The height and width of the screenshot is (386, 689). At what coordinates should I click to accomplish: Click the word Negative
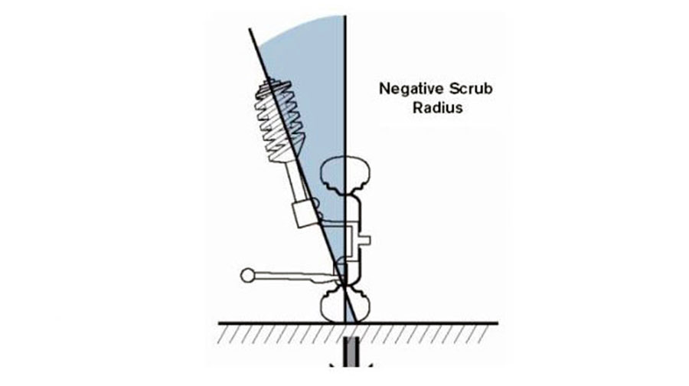tap(411, 89)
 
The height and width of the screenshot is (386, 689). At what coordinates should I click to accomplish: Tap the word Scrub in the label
tap(471, 89)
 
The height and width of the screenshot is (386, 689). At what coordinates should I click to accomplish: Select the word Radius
tap(438, 108)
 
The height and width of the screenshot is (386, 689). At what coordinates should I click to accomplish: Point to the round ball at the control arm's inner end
tap(247, 275)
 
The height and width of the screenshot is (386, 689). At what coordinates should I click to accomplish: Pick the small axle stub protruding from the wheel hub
tap(365, 240)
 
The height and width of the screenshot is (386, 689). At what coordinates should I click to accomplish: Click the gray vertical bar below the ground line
tap(351, 352)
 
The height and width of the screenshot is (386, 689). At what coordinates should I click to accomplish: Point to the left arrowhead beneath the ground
tap(333, 365)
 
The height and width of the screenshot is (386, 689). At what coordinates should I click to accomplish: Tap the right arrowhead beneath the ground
tap(370, 365)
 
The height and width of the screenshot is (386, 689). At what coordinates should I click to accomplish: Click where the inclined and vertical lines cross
tap(345, 286)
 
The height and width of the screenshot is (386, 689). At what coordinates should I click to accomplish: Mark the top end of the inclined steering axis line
tap(250, 29)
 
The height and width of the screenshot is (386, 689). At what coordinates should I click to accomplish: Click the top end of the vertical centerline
tap(345, 17)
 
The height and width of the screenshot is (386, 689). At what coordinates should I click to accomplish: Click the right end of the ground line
tap(498, 323)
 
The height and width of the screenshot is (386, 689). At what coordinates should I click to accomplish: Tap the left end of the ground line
tap(219, 323)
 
